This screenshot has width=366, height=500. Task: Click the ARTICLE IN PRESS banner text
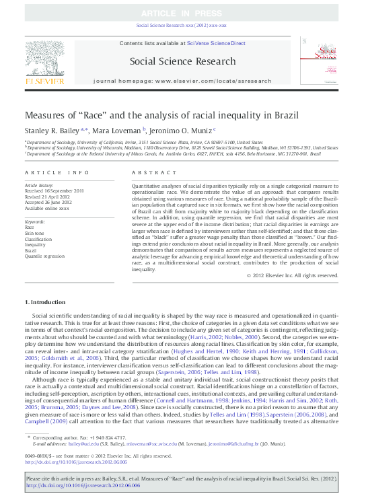182,13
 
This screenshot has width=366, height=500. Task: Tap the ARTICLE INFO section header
57,173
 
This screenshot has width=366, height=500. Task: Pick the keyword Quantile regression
44,256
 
